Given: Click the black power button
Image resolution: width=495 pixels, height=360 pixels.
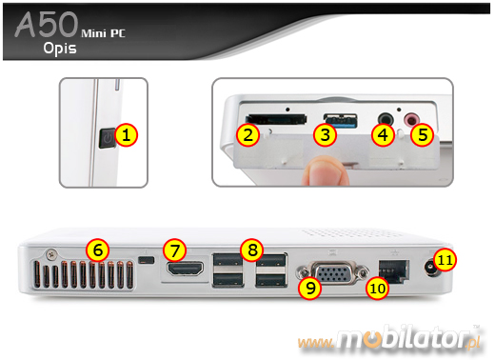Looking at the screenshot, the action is coord(107,138).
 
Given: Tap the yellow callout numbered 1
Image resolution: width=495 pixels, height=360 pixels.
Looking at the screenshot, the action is coord(126,135).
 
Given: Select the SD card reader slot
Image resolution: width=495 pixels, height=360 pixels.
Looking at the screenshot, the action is coord(276,118).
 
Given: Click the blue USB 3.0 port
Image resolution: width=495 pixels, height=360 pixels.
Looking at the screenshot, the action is coord(341,121).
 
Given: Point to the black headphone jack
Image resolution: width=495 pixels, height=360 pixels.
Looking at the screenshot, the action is coord(386,120).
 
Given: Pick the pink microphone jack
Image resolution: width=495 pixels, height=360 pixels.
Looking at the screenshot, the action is coord(411,120).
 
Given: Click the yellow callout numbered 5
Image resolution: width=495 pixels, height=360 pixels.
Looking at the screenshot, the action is coord(422,135).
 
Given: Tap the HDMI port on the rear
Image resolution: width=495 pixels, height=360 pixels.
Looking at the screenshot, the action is coord(187,269).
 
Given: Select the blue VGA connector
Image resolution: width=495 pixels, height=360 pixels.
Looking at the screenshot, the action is coord(332,272).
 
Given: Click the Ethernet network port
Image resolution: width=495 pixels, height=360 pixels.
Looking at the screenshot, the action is coord(394,270).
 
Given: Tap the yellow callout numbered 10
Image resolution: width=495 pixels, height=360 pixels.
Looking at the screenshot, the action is coord(377,289).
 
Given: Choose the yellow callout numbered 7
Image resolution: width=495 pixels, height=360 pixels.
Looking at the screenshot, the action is coord(174,250).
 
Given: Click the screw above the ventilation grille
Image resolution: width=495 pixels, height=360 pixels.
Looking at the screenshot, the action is coord(50,253).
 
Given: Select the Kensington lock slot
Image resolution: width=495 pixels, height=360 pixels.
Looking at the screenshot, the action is coord(147,260).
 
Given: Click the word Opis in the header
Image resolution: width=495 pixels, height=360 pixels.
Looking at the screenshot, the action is coord(60,49).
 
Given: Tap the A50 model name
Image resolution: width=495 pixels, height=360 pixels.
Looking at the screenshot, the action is coord(47,25).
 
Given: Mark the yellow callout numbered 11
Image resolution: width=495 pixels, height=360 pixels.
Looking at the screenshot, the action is coord(445,260).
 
